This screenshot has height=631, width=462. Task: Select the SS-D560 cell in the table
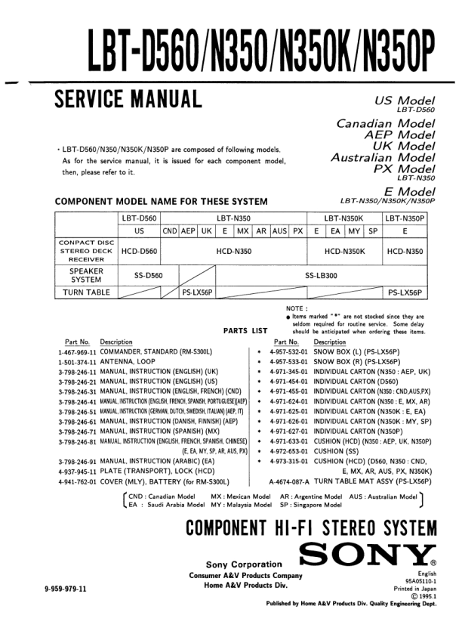click(149, 276)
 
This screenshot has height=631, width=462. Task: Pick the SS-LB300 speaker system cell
click(321, 276)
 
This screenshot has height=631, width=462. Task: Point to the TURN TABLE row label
click(86, 292)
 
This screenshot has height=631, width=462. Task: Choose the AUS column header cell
click(280, 230)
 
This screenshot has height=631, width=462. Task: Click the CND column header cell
click(170, 230)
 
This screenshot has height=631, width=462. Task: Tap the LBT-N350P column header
click(405, 218)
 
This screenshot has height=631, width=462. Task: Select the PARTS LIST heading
click(246, 330)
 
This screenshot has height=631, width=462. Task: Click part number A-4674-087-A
click(289, 481)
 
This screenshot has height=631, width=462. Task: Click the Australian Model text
click(383, 158)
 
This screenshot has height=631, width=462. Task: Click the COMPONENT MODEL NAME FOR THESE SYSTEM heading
click(162, 201)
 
